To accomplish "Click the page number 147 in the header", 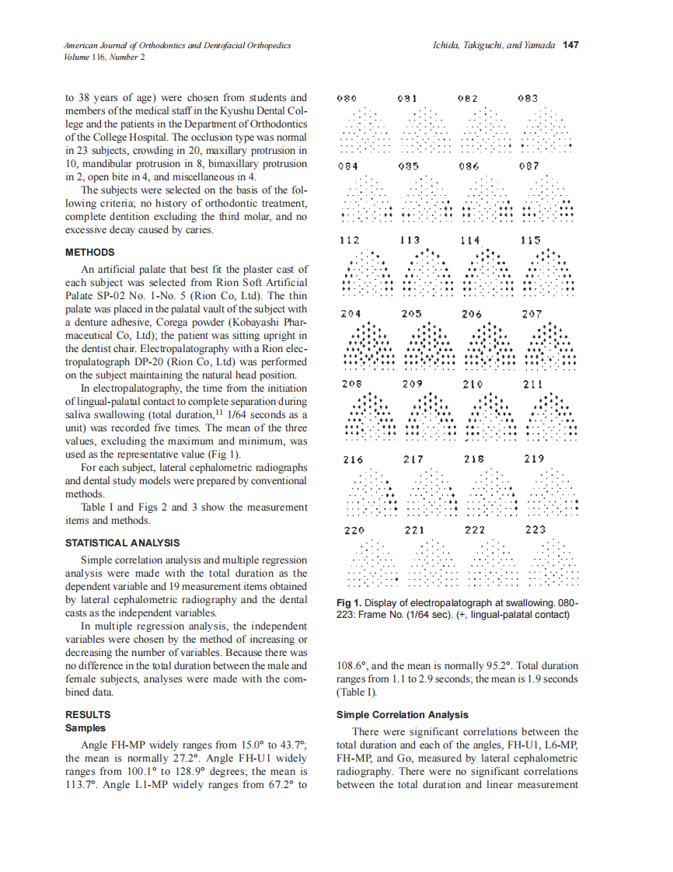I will [x=570, y=46].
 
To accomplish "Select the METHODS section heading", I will [x=89, y=253].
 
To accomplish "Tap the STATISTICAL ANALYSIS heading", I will [x=122, y=543].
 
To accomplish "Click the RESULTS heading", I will [x=88, y=714].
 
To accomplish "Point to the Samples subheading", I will [x=85, y=728].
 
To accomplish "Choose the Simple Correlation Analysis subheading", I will [x=403, y=714].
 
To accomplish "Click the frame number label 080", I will [x=347, y=99].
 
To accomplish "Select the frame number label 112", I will [x=350, y=241].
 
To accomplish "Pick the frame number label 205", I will [x=411, y=314].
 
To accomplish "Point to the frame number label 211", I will [x=533, y=384].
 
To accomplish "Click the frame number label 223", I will [x=535, y=530].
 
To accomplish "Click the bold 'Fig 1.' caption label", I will [x=350, y=604].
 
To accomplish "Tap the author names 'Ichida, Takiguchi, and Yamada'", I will [x=493, y=46].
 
